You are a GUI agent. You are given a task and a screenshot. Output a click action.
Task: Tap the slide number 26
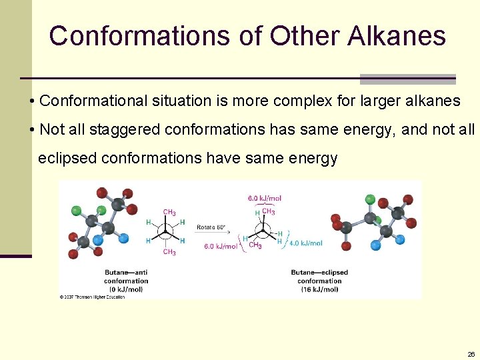(x=471, y=354)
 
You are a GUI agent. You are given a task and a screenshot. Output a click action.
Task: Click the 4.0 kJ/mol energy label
(x=305, y=243)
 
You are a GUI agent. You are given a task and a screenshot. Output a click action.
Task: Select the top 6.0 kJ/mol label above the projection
(x=264, y=198)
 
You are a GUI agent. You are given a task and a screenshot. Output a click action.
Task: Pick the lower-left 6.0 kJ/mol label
(x=220, y=246)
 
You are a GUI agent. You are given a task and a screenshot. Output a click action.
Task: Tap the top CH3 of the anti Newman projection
(x=169, y=213)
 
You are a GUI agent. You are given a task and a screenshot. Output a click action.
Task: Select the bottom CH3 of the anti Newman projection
(x=169, y=252)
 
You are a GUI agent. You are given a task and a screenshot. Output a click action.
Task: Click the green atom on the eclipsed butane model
(x=370, y=199)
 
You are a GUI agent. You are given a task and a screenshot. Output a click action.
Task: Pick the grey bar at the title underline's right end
(x=407, y=79)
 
